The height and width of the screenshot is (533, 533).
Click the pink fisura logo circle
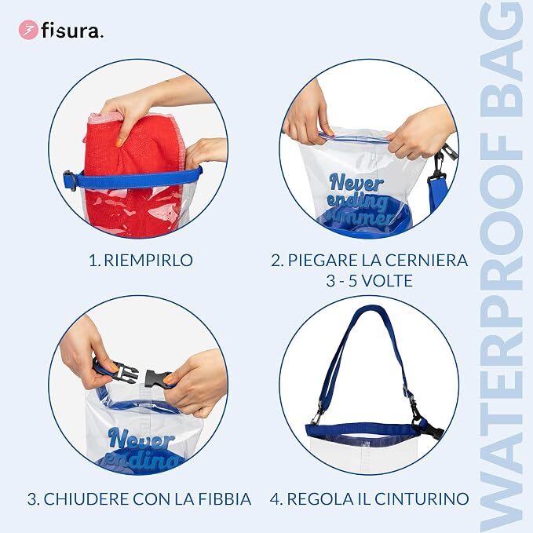click(x=28, y=30)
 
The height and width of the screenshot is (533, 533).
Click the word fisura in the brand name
click(x=71, y=31)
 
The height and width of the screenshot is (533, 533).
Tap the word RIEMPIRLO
click(x=148, y=260)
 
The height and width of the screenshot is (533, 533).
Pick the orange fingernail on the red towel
click(x=120, y=142)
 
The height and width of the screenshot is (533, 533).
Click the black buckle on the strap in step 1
click(x=70, y=181)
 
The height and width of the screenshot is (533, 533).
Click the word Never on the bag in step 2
click(x=356, y=184)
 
